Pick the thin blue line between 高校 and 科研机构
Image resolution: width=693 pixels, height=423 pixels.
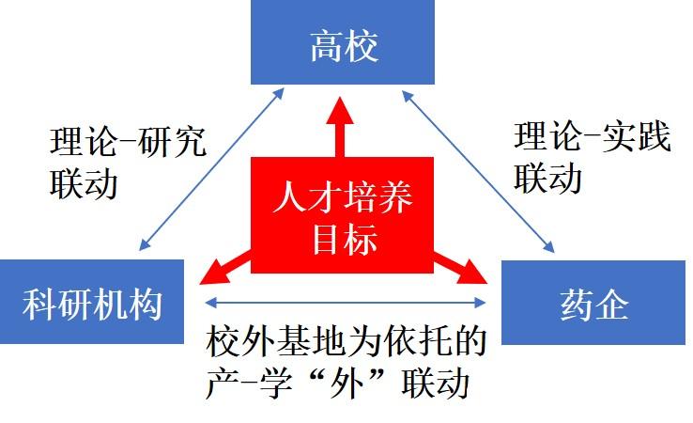211,169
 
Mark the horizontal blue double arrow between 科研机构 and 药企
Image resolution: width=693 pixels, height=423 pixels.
346,302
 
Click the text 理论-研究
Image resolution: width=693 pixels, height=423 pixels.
128,144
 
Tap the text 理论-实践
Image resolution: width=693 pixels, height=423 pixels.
593,137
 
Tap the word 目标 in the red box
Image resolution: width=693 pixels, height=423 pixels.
344,239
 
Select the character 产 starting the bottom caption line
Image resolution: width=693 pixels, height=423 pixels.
223,384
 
